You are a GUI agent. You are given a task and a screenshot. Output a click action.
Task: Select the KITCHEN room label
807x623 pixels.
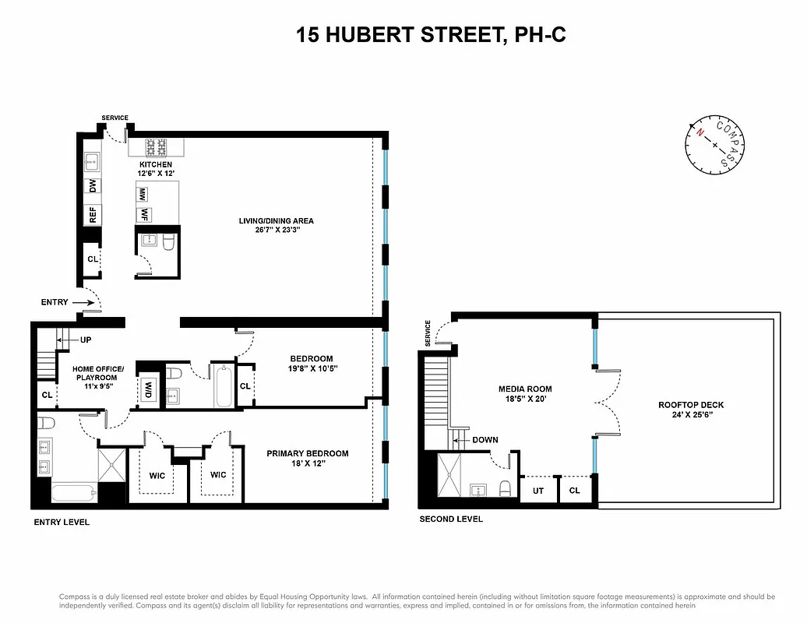[x=155, y=165]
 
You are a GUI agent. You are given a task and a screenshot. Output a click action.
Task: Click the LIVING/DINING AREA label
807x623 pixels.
[x=277, y=221]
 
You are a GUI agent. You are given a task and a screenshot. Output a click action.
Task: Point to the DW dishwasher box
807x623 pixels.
[x=93, y=186]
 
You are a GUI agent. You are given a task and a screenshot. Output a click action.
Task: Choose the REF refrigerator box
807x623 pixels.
[x=93, y=215]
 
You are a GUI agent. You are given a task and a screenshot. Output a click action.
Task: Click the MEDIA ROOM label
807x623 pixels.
[x=525, y=389]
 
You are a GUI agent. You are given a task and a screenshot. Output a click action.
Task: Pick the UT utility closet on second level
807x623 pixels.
[x=538, y=491]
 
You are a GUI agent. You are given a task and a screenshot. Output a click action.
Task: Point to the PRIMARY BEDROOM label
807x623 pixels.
[x=308, y=453]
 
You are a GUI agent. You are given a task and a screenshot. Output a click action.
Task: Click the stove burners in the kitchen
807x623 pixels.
[x=155, y=147]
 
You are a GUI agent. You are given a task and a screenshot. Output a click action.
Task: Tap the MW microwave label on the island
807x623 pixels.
[x=143, y=195]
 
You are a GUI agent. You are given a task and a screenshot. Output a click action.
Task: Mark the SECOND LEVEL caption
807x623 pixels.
[x=451, y=519]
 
